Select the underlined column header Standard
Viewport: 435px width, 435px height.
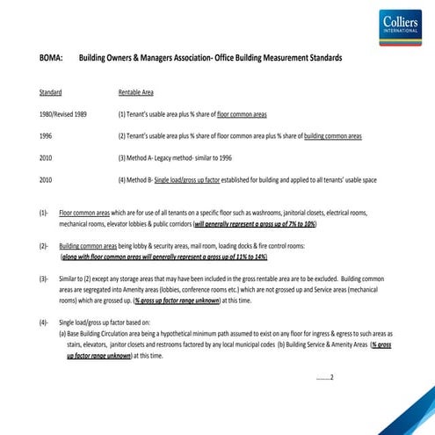50,92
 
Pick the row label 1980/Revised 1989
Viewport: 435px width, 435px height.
63,114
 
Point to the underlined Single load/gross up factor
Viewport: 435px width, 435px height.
192,179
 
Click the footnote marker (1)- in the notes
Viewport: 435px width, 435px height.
44,214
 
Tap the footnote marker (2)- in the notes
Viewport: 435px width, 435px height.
44,246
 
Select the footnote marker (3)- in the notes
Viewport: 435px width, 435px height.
44,279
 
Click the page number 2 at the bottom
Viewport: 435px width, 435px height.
331,378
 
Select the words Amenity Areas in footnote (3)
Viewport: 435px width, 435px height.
164,289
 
